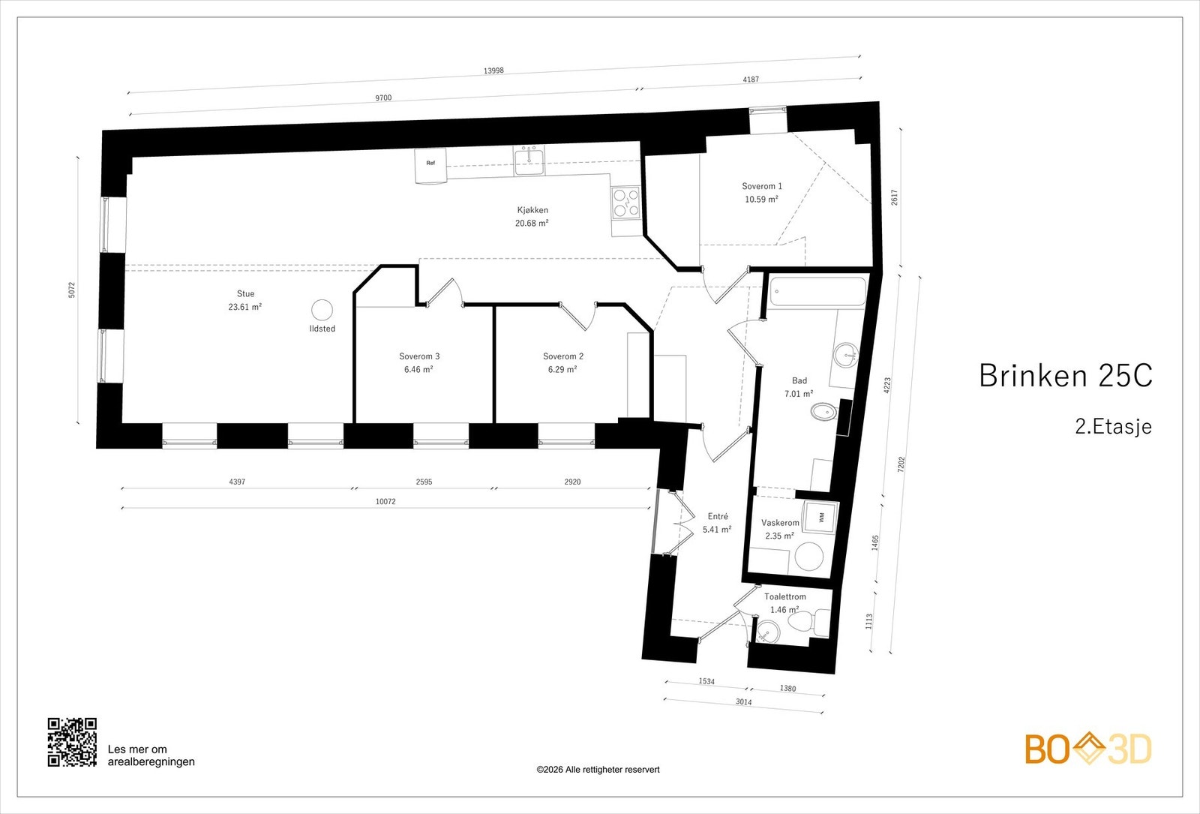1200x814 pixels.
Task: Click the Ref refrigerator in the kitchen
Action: [x=430, y=165]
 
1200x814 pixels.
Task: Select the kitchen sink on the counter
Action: [x=529, y=161]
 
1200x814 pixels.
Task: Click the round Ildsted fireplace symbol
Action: [x=322, y=310]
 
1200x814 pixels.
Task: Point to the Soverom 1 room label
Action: [x=761, y=186]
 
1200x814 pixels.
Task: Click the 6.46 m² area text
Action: [x=418, y=369]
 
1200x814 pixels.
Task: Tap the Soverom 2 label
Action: [x=562, y=356]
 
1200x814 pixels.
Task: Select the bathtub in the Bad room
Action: [x=817, y=292]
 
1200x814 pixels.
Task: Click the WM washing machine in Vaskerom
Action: [x=820, y=517]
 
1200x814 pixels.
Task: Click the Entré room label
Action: [x=717, y=516]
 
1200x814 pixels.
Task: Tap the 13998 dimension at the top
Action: [x=493, y=71]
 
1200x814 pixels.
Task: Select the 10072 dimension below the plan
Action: [x=385, y=501]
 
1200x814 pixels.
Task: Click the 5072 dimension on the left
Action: [x=72, y=290]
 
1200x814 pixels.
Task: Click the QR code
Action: [x=72, y=742]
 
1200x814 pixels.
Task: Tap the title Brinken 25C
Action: [x=1065, y=375]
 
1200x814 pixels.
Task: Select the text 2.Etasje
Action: [x=1112, y=427]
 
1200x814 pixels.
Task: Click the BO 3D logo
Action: [x=1087, y=749]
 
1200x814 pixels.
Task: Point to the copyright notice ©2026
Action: [x=598, y=769]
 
